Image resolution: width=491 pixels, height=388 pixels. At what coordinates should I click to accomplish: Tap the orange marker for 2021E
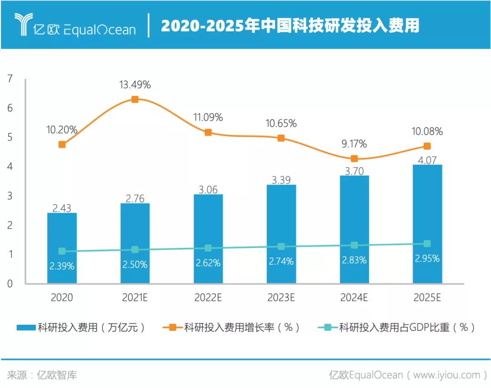[135, 99]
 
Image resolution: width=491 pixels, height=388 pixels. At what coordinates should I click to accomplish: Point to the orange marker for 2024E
[354, 159]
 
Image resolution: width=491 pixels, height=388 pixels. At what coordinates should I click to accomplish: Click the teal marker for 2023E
[281, 247]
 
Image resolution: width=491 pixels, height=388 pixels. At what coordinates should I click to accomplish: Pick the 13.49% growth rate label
[135, 85]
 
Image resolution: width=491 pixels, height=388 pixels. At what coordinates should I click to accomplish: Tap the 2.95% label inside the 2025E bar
[427, 258]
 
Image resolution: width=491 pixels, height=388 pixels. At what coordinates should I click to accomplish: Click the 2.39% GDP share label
[62, 266]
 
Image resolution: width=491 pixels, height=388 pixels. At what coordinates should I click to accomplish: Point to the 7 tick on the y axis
[10, 79]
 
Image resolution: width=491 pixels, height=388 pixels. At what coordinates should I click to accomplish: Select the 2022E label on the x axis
[208, 298]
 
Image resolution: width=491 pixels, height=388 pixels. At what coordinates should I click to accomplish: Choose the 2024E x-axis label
[354, 298]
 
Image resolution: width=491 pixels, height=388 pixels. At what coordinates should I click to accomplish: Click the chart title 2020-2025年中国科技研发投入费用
[290, 26]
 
